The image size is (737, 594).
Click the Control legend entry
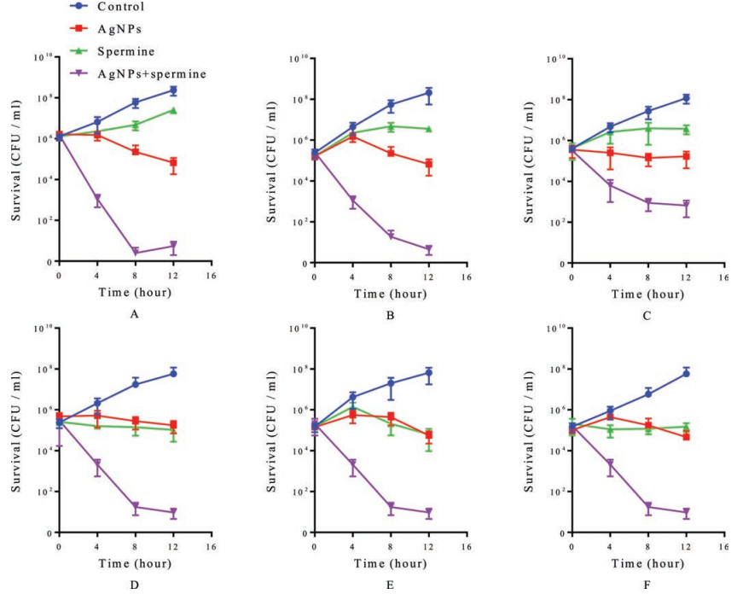[119, 7]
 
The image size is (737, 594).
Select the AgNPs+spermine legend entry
[152, 73]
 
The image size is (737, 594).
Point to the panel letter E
[390, 585]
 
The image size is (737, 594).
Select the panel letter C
[647, 315]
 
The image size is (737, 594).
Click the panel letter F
[647, 585]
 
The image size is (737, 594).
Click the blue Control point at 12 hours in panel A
[173, 90]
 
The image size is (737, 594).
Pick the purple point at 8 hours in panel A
[136, 252]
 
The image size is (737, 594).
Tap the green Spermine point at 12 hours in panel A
[173, 110]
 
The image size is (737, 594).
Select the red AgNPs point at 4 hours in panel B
[353, 136]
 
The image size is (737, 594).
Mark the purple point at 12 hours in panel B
[429, 250]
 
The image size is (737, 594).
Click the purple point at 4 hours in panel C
[610, 185]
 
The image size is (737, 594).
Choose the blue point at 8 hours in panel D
[136, 384]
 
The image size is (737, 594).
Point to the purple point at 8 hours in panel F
[648, 508]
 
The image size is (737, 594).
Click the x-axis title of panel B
[390, 294]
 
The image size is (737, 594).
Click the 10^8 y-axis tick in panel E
[299, 369]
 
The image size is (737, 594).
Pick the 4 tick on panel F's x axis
[610, 548]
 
